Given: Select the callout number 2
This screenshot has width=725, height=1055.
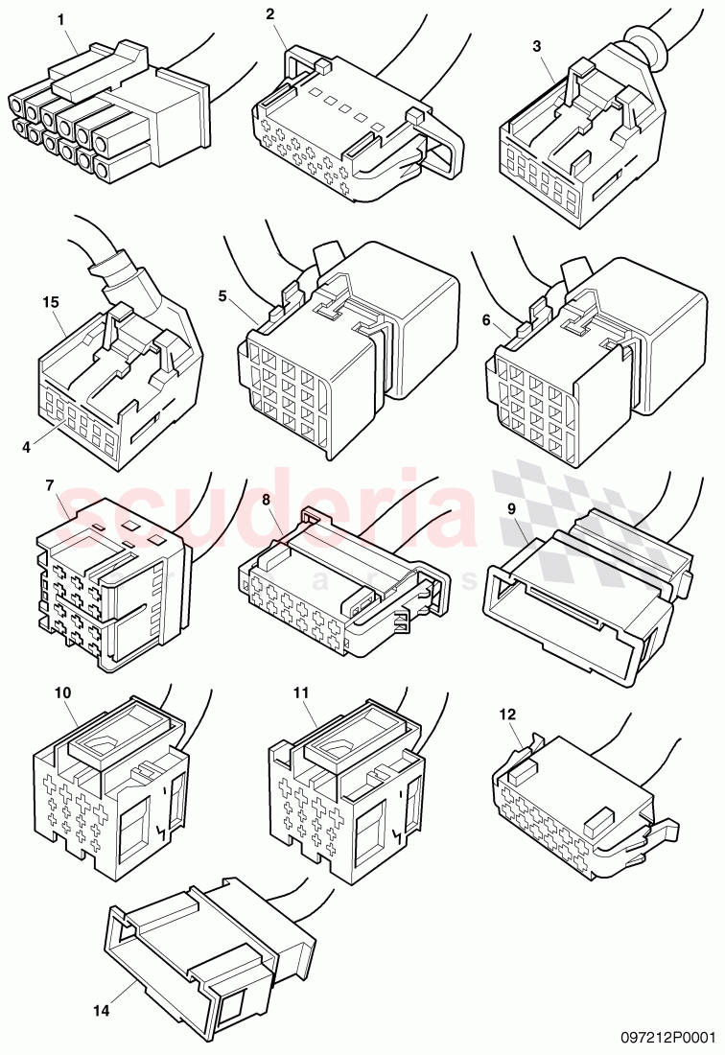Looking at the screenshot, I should [x=269, y=13].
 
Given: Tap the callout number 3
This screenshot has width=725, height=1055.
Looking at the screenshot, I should [x=536, y=45].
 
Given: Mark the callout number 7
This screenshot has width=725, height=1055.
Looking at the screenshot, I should [x=49, y=485].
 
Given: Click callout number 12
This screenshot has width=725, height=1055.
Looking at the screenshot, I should [x=507, y=714].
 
